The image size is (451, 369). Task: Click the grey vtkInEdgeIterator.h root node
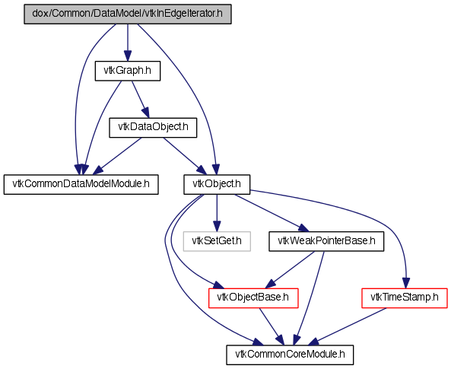coord(128,14)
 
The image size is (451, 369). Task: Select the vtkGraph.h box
coord(128,71)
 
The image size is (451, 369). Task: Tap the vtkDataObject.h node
coord(153,127)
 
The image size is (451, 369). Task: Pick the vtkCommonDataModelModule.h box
coord(81,184)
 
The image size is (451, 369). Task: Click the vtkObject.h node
coord(217,184)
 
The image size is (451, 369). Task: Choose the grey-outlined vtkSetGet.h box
coord(217,241)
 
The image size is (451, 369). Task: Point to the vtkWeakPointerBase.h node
coord(326,241)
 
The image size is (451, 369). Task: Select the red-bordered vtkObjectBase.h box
coord(252,298)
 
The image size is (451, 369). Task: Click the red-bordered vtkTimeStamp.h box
coord(405,298)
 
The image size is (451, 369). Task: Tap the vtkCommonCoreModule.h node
coord(290,355)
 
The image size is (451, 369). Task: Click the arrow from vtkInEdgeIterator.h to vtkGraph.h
coord(128,43)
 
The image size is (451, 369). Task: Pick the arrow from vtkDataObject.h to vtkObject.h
coord(185,156)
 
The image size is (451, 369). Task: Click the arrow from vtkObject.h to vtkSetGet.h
coord(217,213)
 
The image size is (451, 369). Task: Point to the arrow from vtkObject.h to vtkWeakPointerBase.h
coord(272,213)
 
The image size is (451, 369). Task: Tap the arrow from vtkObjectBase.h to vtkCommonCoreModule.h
coord(272,326)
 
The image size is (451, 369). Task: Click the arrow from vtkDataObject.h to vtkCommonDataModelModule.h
coord(117,156)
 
